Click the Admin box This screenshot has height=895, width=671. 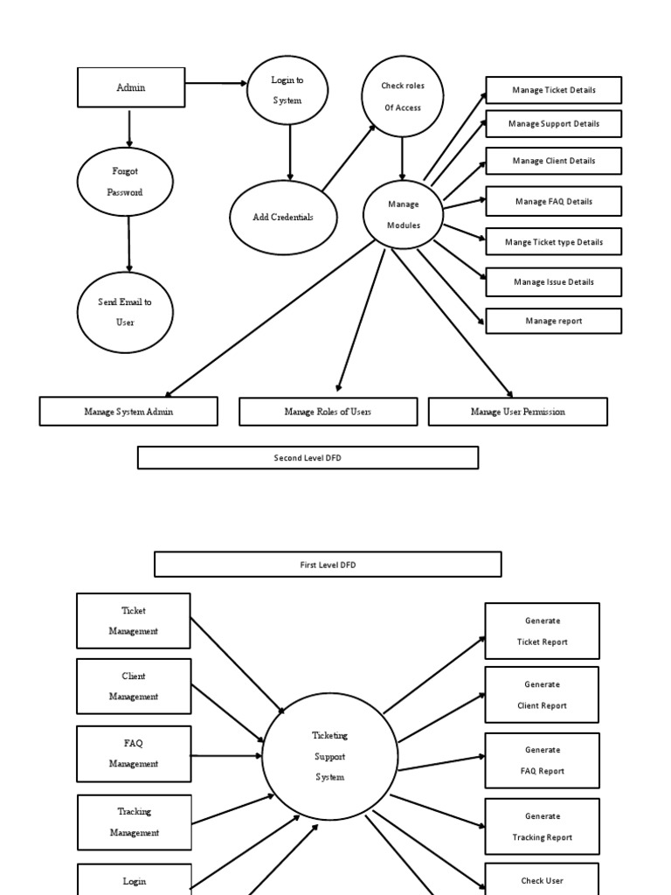[131, 87]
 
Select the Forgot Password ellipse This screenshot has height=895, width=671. [125, 182]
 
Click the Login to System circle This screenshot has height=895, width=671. [287, 90]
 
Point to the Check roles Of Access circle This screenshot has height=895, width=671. [402, 96]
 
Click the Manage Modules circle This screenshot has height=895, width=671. [403, 214]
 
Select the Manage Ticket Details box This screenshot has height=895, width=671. [553, 91]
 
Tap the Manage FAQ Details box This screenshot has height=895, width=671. [553, 201]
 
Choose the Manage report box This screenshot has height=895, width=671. [553, 321]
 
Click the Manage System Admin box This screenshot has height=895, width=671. [128, 412]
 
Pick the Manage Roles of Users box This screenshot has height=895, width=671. [328, 412]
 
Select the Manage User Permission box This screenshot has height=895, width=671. [517, 412]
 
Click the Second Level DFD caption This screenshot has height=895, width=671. [308, 457]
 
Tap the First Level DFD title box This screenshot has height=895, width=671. [328, 565]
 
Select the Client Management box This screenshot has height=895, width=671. [134, 686]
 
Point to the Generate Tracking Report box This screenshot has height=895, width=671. [542, 826]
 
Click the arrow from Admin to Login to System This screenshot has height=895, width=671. [216, 84]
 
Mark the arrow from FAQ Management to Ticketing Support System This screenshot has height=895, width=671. [226, 754]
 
